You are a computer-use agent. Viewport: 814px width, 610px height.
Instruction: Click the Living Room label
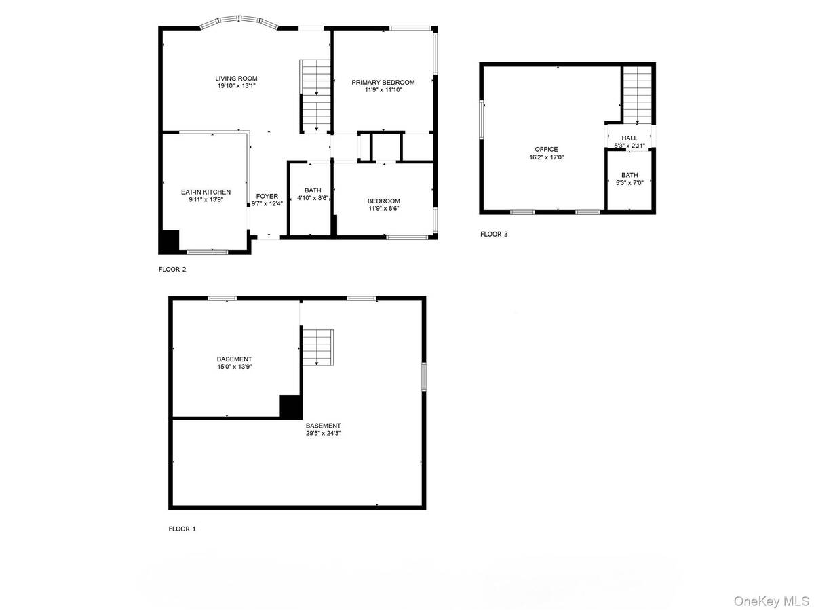tap(236, 79)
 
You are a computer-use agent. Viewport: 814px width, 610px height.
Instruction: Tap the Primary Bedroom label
tap(383, 82)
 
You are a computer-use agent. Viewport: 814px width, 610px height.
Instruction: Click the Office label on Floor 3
tap(546, 149)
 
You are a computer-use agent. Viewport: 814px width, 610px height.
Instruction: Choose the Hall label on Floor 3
tap(629, 138)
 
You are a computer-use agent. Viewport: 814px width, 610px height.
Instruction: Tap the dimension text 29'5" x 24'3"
tap(323, 433)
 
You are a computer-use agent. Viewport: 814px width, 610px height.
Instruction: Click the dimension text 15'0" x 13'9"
tap(235, 367)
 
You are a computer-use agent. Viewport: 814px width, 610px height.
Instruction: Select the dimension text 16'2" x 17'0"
tap(546, 157)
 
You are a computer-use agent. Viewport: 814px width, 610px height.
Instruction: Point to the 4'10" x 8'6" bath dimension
tap(313, 198)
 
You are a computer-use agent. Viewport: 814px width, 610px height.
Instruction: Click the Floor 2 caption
tap(172, 269)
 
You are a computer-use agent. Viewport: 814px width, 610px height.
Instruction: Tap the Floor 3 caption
tap(494, 235)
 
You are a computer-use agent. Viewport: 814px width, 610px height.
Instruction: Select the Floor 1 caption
tap(182, 529)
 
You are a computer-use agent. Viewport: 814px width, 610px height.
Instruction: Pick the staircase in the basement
tap(318, 347)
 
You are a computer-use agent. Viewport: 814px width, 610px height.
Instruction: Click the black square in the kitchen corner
tap(169, 241)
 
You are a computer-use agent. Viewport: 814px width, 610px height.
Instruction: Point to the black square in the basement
tap(291, 406)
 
